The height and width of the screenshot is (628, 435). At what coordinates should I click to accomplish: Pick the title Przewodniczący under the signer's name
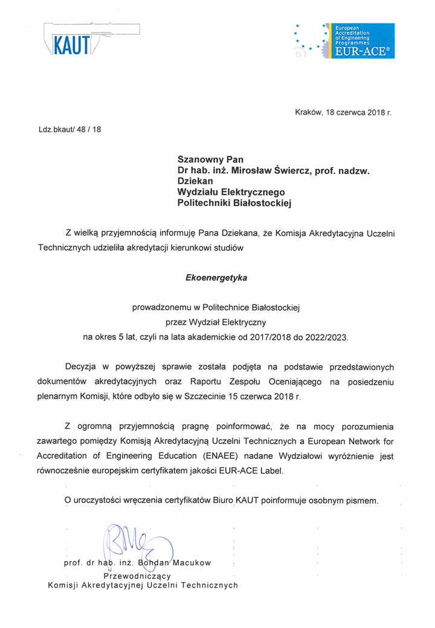pyautogui.click(x=141, y=575)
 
